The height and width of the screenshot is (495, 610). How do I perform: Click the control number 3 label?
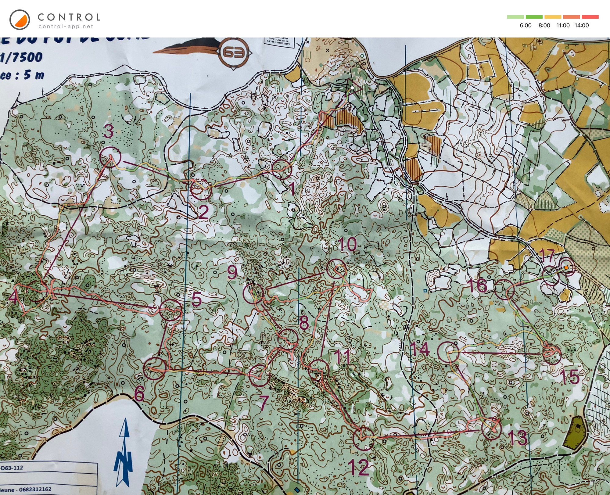point(108,131)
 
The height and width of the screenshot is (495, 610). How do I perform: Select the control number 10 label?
point(347,245)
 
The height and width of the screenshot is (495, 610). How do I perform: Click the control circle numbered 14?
point(448,352)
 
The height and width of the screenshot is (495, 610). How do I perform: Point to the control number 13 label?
point(517,438)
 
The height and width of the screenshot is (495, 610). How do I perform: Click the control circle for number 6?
point(155,368)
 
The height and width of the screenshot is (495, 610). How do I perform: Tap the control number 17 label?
point(547,255)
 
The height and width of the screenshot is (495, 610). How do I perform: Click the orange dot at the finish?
point(566,267)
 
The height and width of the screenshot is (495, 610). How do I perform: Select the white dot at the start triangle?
point(352,88)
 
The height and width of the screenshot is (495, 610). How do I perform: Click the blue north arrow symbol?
point(124,454)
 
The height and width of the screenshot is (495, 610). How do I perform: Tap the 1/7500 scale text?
point(21,57)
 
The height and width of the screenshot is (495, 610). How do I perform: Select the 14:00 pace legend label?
point(581,25)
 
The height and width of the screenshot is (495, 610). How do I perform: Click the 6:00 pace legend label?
point(526,25)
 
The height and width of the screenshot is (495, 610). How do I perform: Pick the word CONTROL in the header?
point(69,17)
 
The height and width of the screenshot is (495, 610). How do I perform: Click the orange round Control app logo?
point(20,20)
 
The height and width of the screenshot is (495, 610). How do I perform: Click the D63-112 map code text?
point(12,468)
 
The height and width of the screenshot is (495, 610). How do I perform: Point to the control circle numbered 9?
point(253,293)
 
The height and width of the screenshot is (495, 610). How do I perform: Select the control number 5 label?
point(196,300)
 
